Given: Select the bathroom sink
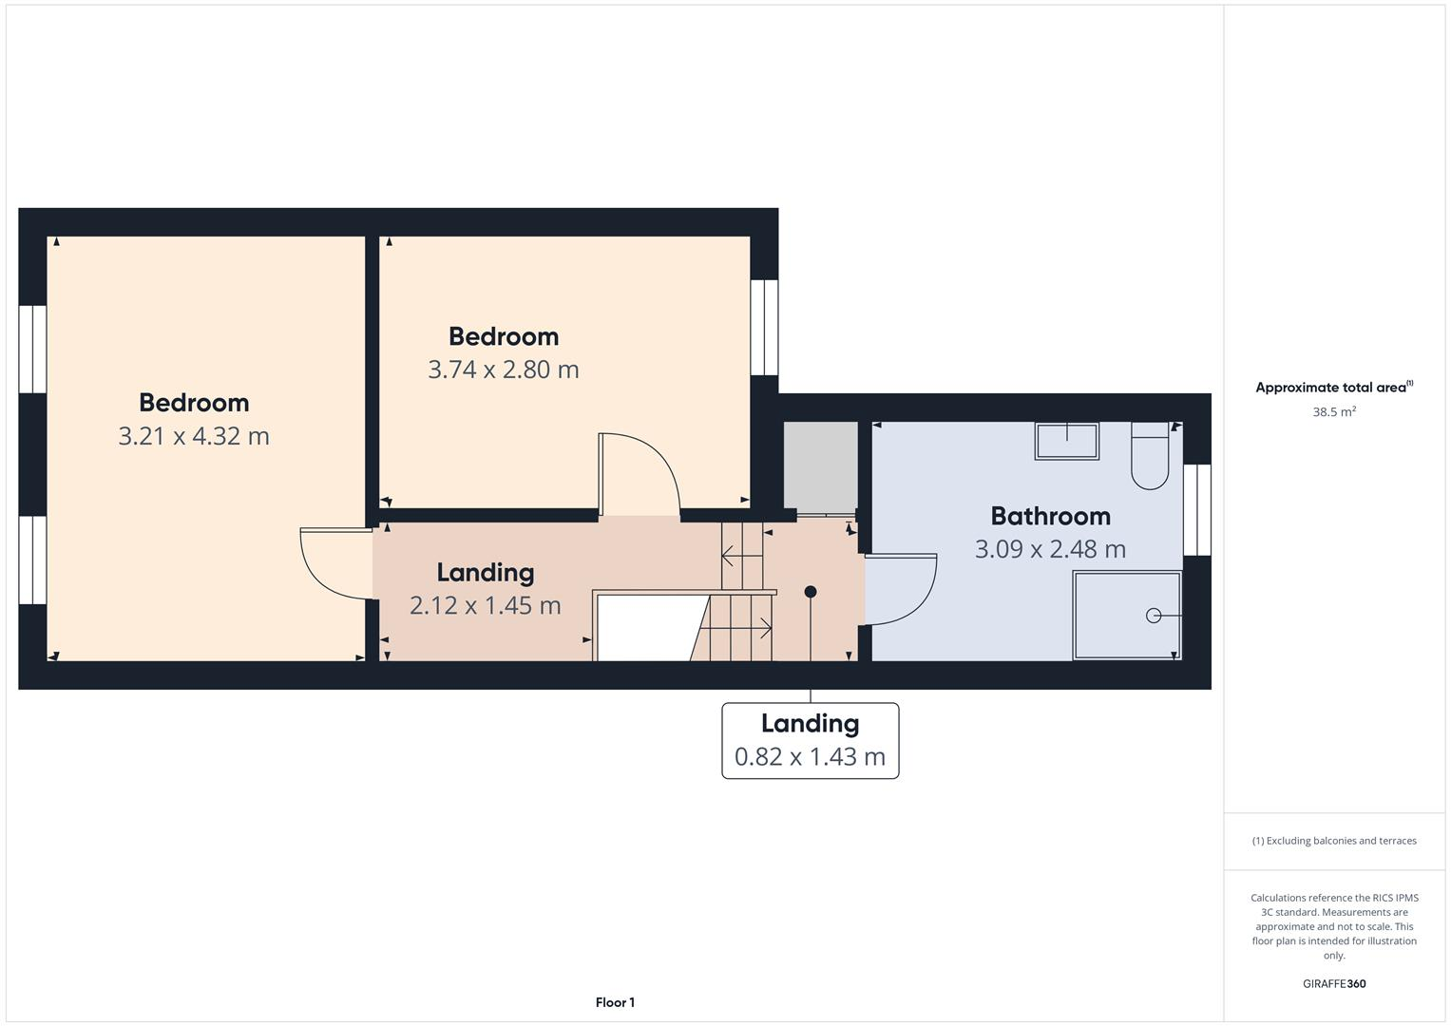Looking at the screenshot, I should click(1066, 442).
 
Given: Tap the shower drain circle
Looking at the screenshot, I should click(1154, 616).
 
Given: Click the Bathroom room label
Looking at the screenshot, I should click(1050, 516).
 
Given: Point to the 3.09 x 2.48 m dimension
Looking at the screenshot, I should click(1050, 549).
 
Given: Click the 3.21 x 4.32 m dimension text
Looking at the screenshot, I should click(194, 436).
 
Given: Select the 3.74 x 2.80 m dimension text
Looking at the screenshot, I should click(503, 370).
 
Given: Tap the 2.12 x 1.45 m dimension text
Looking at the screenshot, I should click(485, 605).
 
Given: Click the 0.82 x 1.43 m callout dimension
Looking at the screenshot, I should click(810, 756).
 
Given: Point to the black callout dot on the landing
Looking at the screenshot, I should click(811, 592).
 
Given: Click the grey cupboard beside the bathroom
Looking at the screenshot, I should click(820, 466).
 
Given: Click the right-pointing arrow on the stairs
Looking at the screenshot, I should click(760, 627).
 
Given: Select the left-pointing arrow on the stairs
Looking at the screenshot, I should click(734, 553).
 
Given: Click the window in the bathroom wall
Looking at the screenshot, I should click(1197, 509).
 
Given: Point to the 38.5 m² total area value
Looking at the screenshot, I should click(1333, 412).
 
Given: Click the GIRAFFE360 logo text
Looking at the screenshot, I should click(1333, 983).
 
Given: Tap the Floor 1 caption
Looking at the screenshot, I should click(615, 1002).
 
